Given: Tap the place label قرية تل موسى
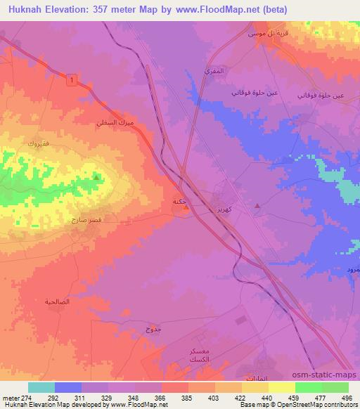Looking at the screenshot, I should tap(260, 34).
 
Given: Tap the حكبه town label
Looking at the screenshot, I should tap(179, 202).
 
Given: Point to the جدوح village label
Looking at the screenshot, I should tap(153, 329).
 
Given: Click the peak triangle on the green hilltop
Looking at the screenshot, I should tap(96, 178).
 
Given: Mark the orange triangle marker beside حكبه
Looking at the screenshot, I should tap(185, 207).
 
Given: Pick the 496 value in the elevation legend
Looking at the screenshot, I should tap(345, 397).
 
